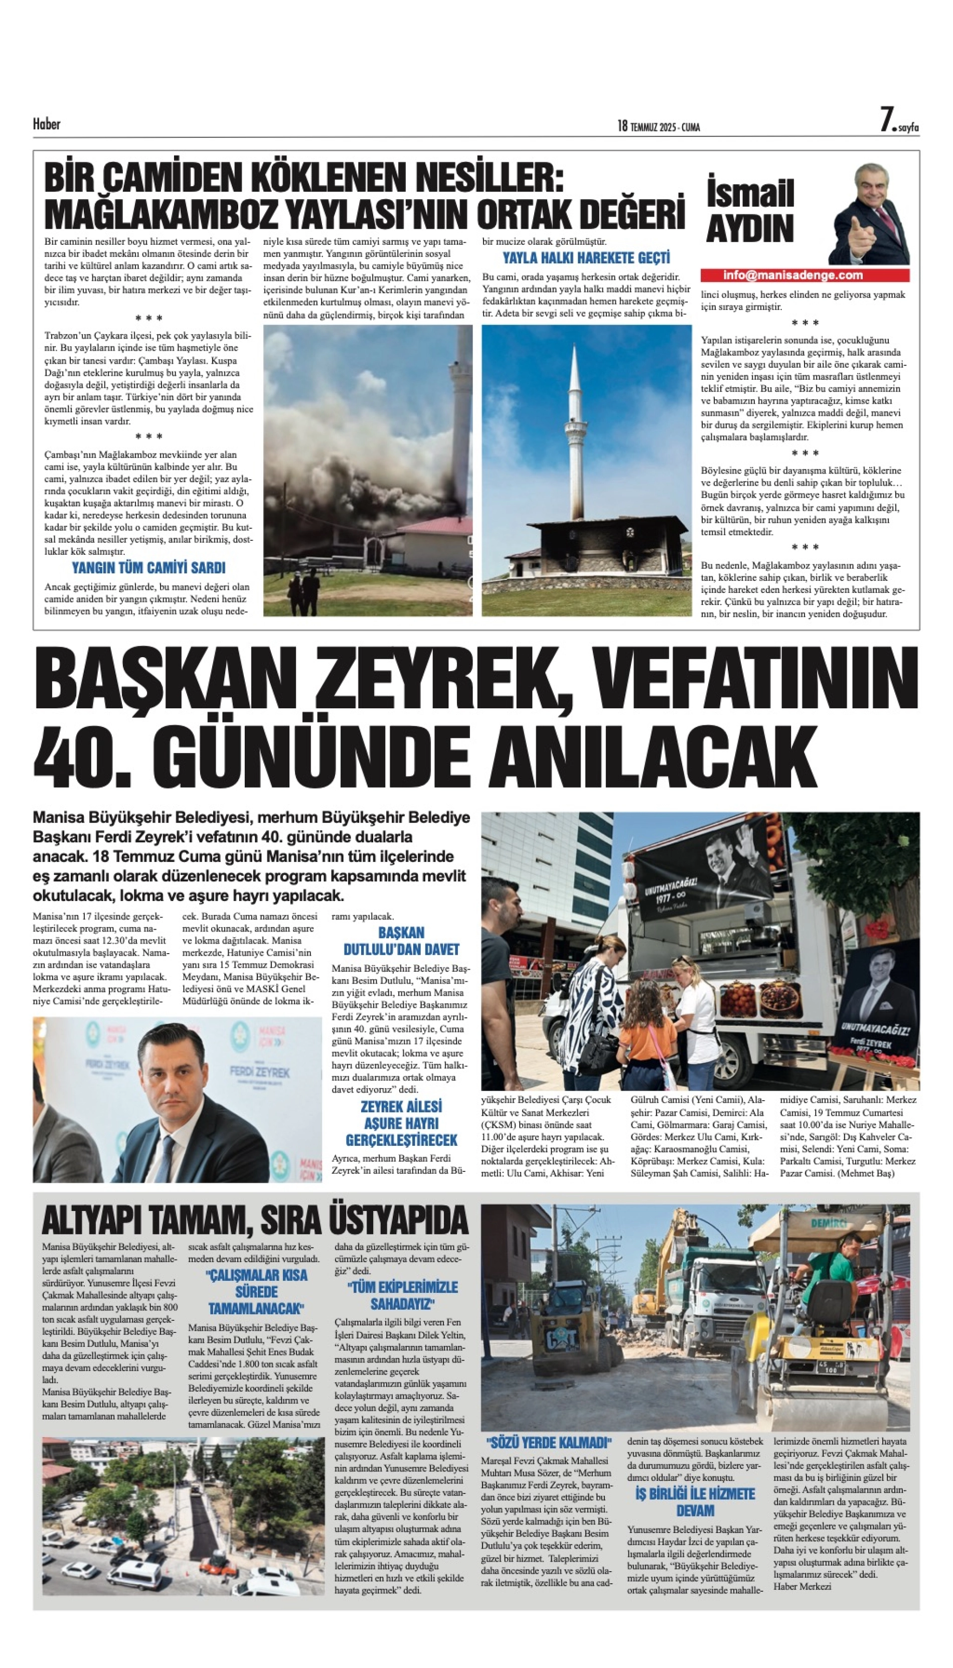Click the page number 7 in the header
pyautogui.click(x=887, y=120)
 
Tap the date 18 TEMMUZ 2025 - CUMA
pyautogui.click(x=659, y=126)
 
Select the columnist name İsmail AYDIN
pyautogui.click(x=750, y=210)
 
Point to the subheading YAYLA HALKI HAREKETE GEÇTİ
pyautogui.click(x=586, y=257)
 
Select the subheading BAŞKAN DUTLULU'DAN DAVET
pyautogui.click(x=401, y=941)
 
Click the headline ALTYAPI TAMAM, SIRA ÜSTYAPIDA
pyautogui.click(x=255, y=1220)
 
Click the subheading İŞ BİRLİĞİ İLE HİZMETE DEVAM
pyautogui.click(x=695, y=1502)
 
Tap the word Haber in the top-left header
pyautogui.click(x=47, y=124)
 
